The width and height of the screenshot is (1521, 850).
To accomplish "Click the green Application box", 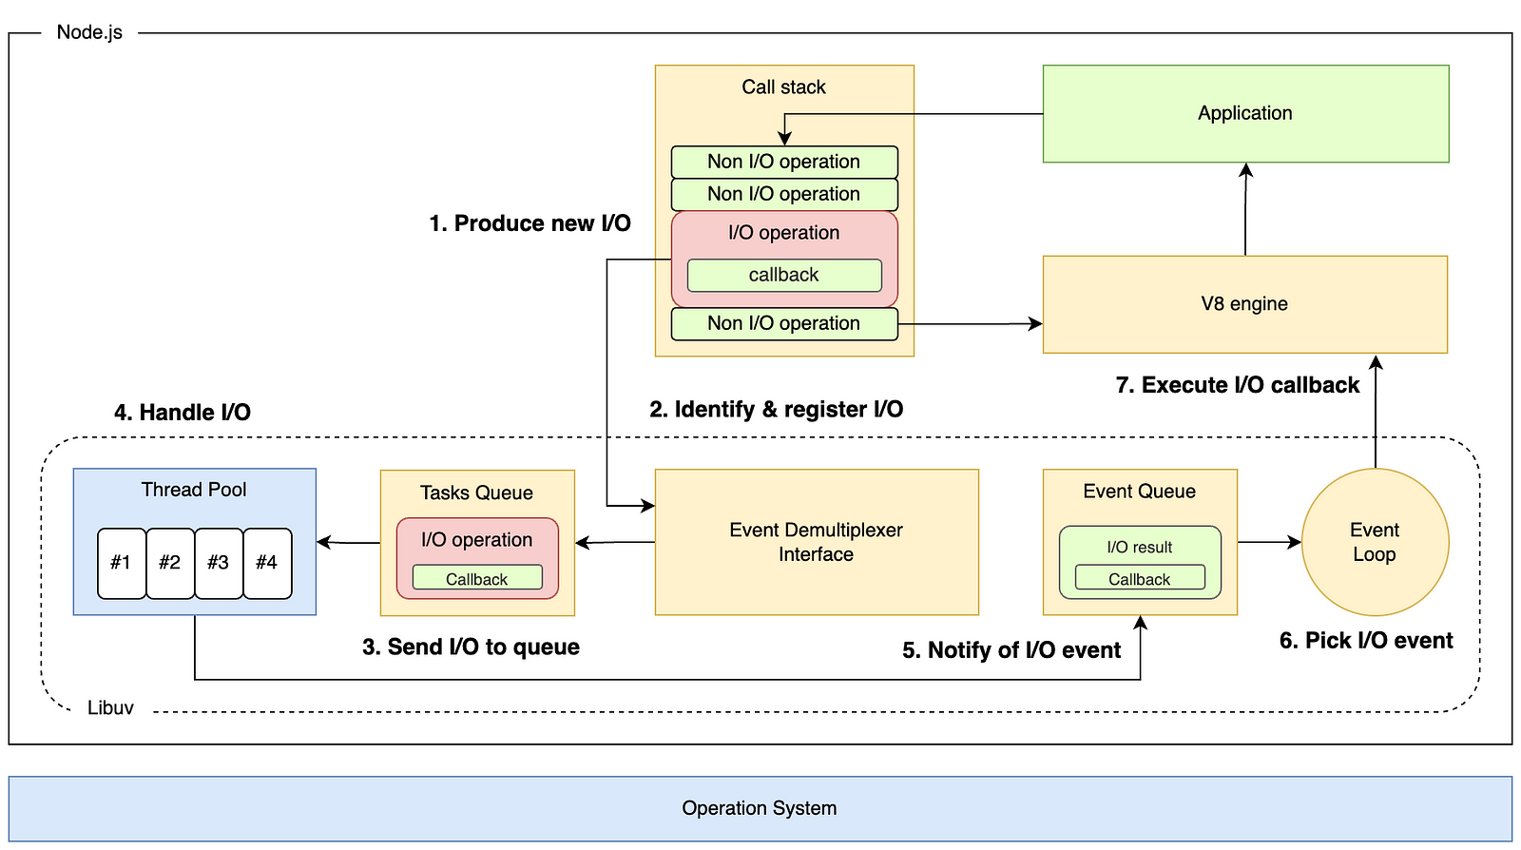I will click(1245, 113).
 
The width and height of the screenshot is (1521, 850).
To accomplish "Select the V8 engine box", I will click(1244, 304).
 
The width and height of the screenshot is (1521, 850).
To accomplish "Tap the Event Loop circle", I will click(1375, 542).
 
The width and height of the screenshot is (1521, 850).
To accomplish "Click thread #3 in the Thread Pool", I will click(219, 563).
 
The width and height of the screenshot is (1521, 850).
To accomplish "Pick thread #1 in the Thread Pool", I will click(121, 563).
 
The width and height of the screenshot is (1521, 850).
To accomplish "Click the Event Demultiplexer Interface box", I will click(816, 542).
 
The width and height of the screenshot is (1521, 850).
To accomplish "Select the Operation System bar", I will click(760, 808).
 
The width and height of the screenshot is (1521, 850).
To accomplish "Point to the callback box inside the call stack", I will click(783, 276).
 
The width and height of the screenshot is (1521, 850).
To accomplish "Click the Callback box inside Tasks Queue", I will click(476, 579).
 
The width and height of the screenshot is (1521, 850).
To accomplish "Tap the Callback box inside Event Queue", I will click(1139, 579).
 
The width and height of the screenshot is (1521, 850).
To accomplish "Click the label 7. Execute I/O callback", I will click(1237, 385).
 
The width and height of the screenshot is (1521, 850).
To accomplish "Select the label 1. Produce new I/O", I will click(529, 223).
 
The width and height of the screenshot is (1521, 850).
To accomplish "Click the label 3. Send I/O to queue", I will click(471, 647).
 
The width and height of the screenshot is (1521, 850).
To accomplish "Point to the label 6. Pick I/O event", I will click(1365, 641).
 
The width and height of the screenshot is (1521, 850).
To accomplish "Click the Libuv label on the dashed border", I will click(110, 707).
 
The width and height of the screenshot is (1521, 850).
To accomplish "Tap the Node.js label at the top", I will click(89, 32).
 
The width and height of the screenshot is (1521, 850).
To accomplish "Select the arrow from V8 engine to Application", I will click(1245, 209).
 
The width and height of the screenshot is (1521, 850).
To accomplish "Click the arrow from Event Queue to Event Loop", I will click(1269, 542).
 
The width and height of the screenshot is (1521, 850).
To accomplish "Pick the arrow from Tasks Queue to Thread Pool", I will click(348, 543).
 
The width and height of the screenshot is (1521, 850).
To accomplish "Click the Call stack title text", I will click(783, 87).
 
